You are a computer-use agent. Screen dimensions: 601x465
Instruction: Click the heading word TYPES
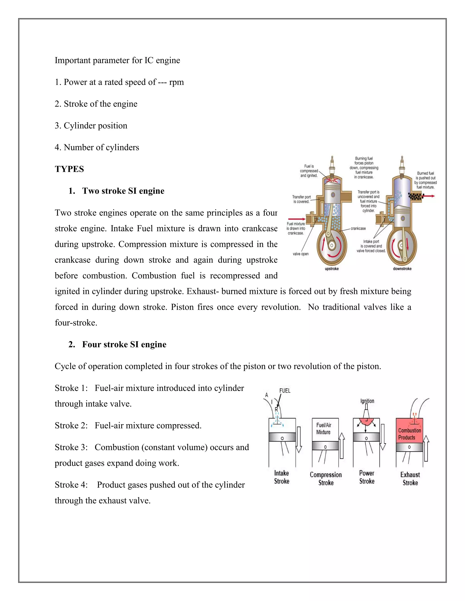coord(69,169)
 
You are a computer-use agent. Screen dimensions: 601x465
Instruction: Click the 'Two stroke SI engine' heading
coord(123,191)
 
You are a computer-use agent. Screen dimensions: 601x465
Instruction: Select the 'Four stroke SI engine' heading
coord(124,344)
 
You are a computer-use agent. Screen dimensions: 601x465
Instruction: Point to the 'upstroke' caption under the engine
coord(332,269)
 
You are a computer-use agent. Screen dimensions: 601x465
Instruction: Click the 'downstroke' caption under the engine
coord(402,269)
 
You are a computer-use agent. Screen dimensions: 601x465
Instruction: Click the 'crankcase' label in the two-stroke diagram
coord(358,228)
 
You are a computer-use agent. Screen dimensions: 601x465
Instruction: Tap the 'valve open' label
coord(301,254)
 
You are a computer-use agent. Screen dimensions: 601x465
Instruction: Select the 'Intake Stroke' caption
coord(282,477)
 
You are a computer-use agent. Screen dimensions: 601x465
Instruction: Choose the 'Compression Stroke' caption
coord(326,479)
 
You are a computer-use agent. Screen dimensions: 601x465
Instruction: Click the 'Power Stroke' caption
coord(367,477)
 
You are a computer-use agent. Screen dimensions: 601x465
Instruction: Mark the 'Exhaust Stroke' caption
coord(410,479)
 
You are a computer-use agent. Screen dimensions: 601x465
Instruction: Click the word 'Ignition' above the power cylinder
coord(367,401)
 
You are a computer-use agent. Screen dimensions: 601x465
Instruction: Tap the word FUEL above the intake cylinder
coord(285,391)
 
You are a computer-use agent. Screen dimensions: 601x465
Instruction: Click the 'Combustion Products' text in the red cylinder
coord(409,434)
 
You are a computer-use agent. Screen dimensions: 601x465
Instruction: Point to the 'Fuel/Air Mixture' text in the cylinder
coord(324,428)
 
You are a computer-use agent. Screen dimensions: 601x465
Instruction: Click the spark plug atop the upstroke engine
coord(332,165)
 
